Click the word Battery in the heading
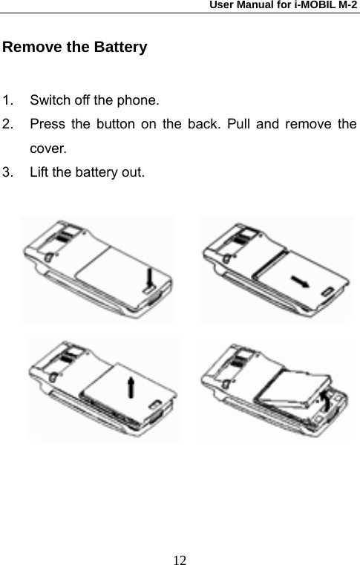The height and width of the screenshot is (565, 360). (120, 48)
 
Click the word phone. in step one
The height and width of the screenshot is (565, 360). (139, 99)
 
